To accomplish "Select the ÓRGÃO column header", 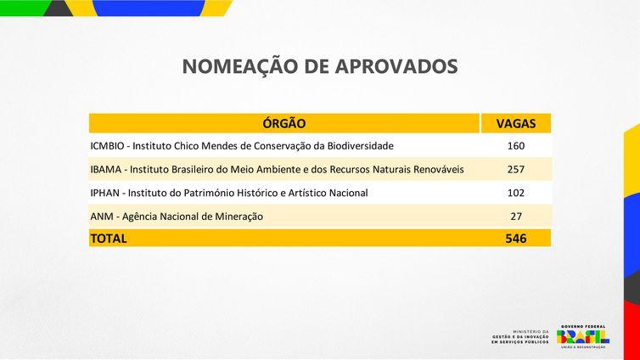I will click(284, 123).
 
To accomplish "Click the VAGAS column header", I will click(516, 123).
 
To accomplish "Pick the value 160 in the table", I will click(516, 146).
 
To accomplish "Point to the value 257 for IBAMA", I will click(516, 170).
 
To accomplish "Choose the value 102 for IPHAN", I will click(516, 193).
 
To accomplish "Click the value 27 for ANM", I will click(516, 216).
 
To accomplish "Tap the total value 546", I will click(516, 239).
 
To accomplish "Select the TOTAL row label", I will click(109, 239).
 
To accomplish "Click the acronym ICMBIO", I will click(108, 146).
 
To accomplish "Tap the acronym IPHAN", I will click(106, 193).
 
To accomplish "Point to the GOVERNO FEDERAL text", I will click(582, 325).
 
